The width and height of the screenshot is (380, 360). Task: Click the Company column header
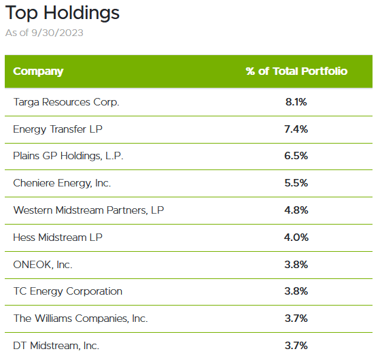tap(38, 71)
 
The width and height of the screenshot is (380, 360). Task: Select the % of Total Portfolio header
tap(296, 71)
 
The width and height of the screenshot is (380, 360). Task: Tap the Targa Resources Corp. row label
tap(66, 102)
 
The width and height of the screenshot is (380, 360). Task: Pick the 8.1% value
tap(296, 102)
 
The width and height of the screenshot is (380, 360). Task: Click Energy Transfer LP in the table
tap(56, 129)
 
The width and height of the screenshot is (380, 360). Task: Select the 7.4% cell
tap(296, 129)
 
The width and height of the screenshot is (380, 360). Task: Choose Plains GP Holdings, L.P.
tap(68, 156)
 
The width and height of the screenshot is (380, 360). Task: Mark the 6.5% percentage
tap(296, 156)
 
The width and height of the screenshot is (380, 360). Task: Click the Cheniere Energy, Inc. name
tap(62, 183)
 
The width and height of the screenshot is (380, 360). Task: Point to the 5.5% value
tap(296, 183)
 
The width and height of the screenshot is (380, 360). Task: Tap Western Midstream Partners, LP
tap(88, 210)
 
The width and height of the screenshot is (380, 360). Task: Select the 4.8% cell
tap(296, 210)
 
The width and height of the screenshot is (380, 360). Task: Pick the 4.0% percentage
tap(296, 238)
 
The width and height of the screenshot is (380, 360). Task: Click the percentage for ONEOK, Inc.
tap(296, 264)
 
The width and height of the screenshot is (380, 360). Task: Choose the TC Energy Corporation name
tap(68, 291)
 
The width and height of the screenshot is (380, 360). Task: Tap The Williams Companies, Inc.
tap(80, 318)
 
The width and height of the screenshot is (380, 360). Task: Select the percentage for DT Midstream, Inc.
tap(296, 346)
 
